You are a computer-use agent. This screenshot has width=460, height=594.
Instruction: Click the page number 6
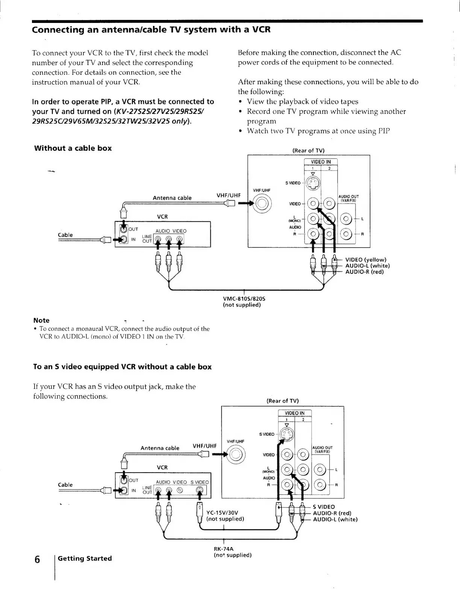(x=37, y=559)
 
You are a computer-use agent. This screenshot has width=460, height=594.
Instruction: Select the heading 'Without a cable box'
(x=73, y=148)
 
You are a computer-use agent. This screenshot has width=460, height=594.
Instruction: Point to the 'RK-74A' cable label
(x=224, y=549)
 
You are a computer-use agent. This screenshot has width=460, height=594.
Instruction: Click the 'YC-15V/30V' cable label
(x=222, y=512)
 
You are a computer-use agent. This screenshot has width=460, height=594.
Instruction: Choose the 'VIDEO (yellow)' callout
(x=366, y=260)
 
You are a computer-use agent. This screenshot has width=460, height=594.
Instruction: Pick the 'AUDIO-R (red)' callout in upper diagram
(x=365, y=272)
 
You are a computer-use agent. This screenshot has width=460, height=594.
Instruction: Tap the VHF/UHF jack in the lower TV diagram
(x=235, y=455)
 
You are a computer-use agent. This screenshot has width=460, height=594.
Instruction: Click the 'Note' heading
(x=41, y=320)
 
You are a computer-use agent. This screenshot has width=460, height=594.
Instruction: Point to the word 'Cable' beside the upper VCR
(x=65, y=235)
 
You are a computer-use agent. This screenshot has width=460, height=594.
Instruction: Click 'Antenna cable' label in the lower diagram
(x=160, y=448)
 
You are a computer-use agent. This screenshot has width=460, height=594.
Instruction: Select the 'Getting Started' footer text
(x=85, y=558)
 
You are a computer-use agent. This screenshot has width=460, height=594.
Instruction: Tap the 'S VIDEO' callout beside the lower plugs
(x=324, y=507)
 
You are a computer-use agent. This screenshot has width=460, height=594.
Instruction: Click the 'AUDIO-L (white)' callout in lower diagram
(x=335, y=519)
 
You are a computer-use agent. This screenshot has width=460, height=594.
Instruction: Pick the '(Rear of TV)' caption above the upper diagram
(x=308, y=150)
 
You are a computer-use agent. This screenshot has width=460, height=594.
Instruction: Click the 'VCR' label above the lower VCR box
(x=162, y=467)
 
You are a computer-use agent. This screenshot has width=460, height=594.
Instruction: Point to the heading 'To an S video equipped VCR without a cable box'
(x=123, y=367)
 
